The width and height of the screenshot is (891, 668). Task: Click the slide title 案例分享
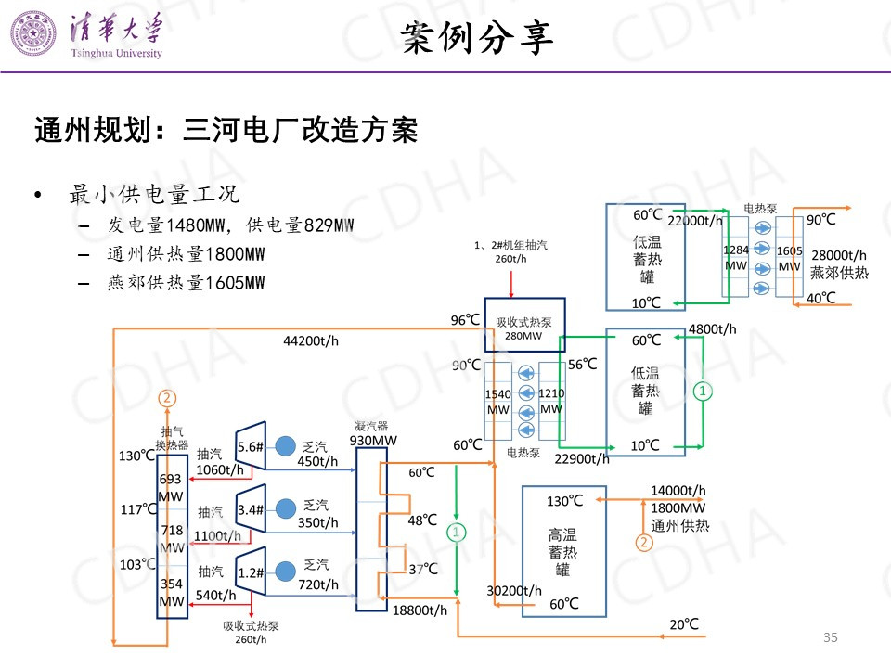click(x=477, y=37)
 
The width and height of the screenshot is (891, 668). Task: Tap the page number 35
click(x=831, y=636)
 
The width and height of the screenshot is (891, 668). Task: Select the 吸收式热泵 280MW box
click(x=523, y=328)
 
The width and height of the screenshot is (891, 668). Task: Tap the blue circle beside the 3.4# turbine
click(x=284, y=509)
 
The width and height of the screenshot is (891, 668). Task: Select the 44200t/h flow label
click(x=311, y=340)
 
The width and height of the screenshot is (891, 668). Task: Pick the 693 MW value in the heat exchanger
click(x=171, y=488)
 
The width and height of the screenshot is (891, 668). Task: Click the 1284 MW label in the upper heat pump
click(x=735, y=257)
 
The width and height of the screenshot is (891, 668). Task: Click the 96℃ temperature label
click(x=465, y=321)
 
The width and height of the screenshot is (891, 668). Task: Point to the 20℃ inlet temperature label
click(x=684, y=624)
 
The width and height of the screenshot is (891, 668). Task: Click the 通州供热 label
click(x=679, y=525)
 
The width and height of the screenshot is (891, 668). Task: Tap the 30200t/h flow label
click(x=514, y=590)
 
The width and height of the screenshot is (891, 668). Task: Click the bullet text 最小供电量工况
click(x=155, y=195)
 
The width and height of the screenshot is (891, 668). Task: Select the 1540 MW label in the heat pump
click(x=498, y=402)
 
